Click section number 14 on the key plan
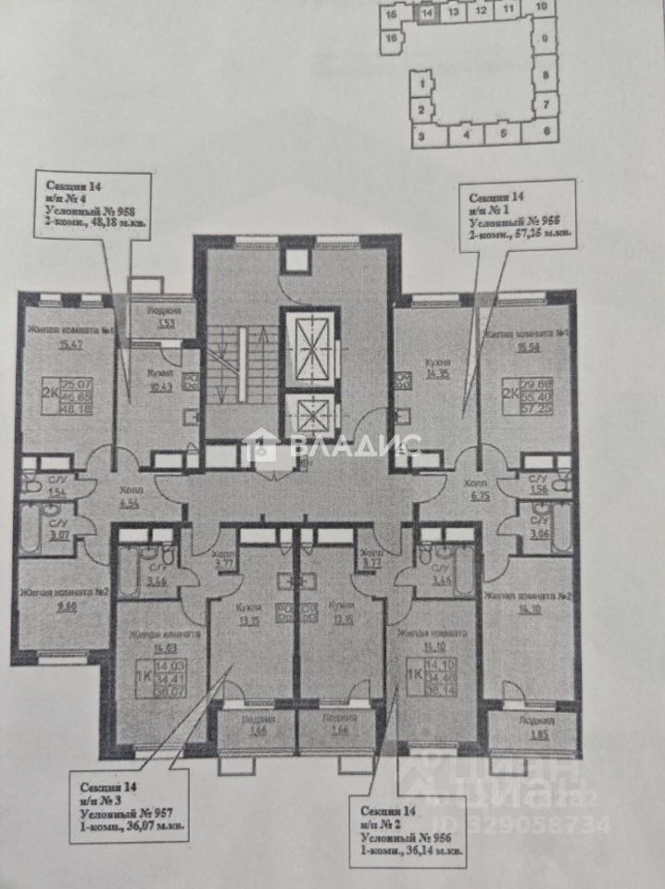(x=427, y=14)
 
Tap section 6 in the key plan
(x=546, y=131)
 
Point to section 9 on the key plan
(x=546, y=38)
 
